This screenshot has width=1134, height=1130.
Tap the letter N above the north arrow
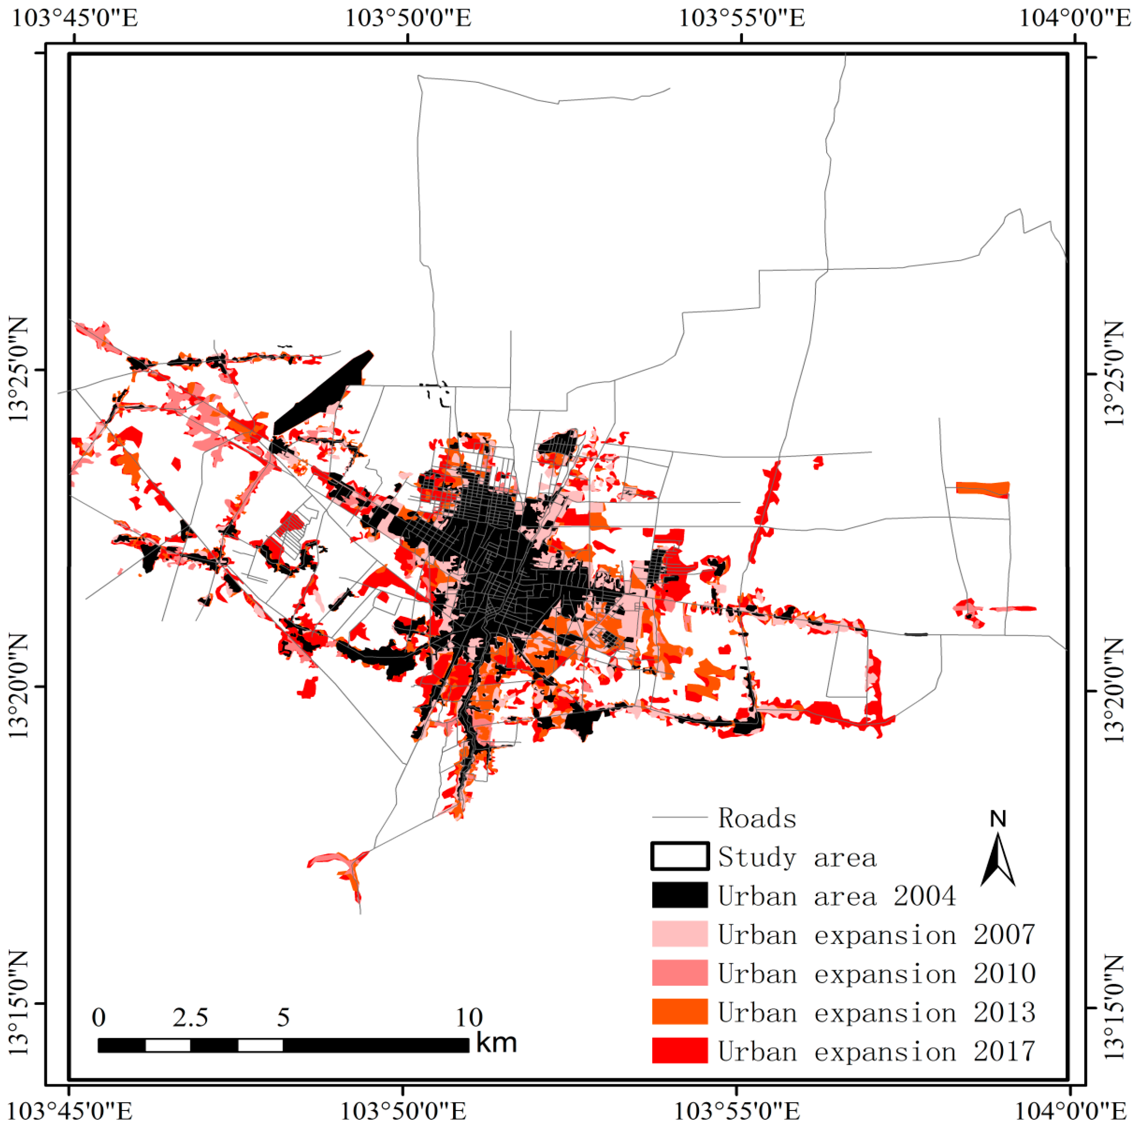[x=998, y=819]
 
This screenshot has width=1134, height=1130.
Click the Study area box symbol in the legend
[x=679, y=857]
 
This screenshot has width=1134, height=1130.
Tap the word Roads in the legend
[x=757, y=818]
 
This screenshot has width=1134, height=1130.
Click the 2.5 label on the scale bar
[x=190, y=1017]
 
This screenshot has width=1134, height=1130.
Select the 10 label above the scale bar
[x=469, y=1017]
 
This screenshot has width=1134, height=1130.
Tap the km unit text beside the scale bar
[x=496, y=1043]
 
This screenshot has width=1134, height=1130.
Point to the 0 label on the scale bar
[x=98, y=1017]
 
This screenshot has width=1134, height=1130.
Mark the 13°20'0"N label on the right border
[x=1114, y=691]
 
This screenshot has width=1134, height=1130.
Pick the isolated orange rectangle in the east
[x=982, y=489]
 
